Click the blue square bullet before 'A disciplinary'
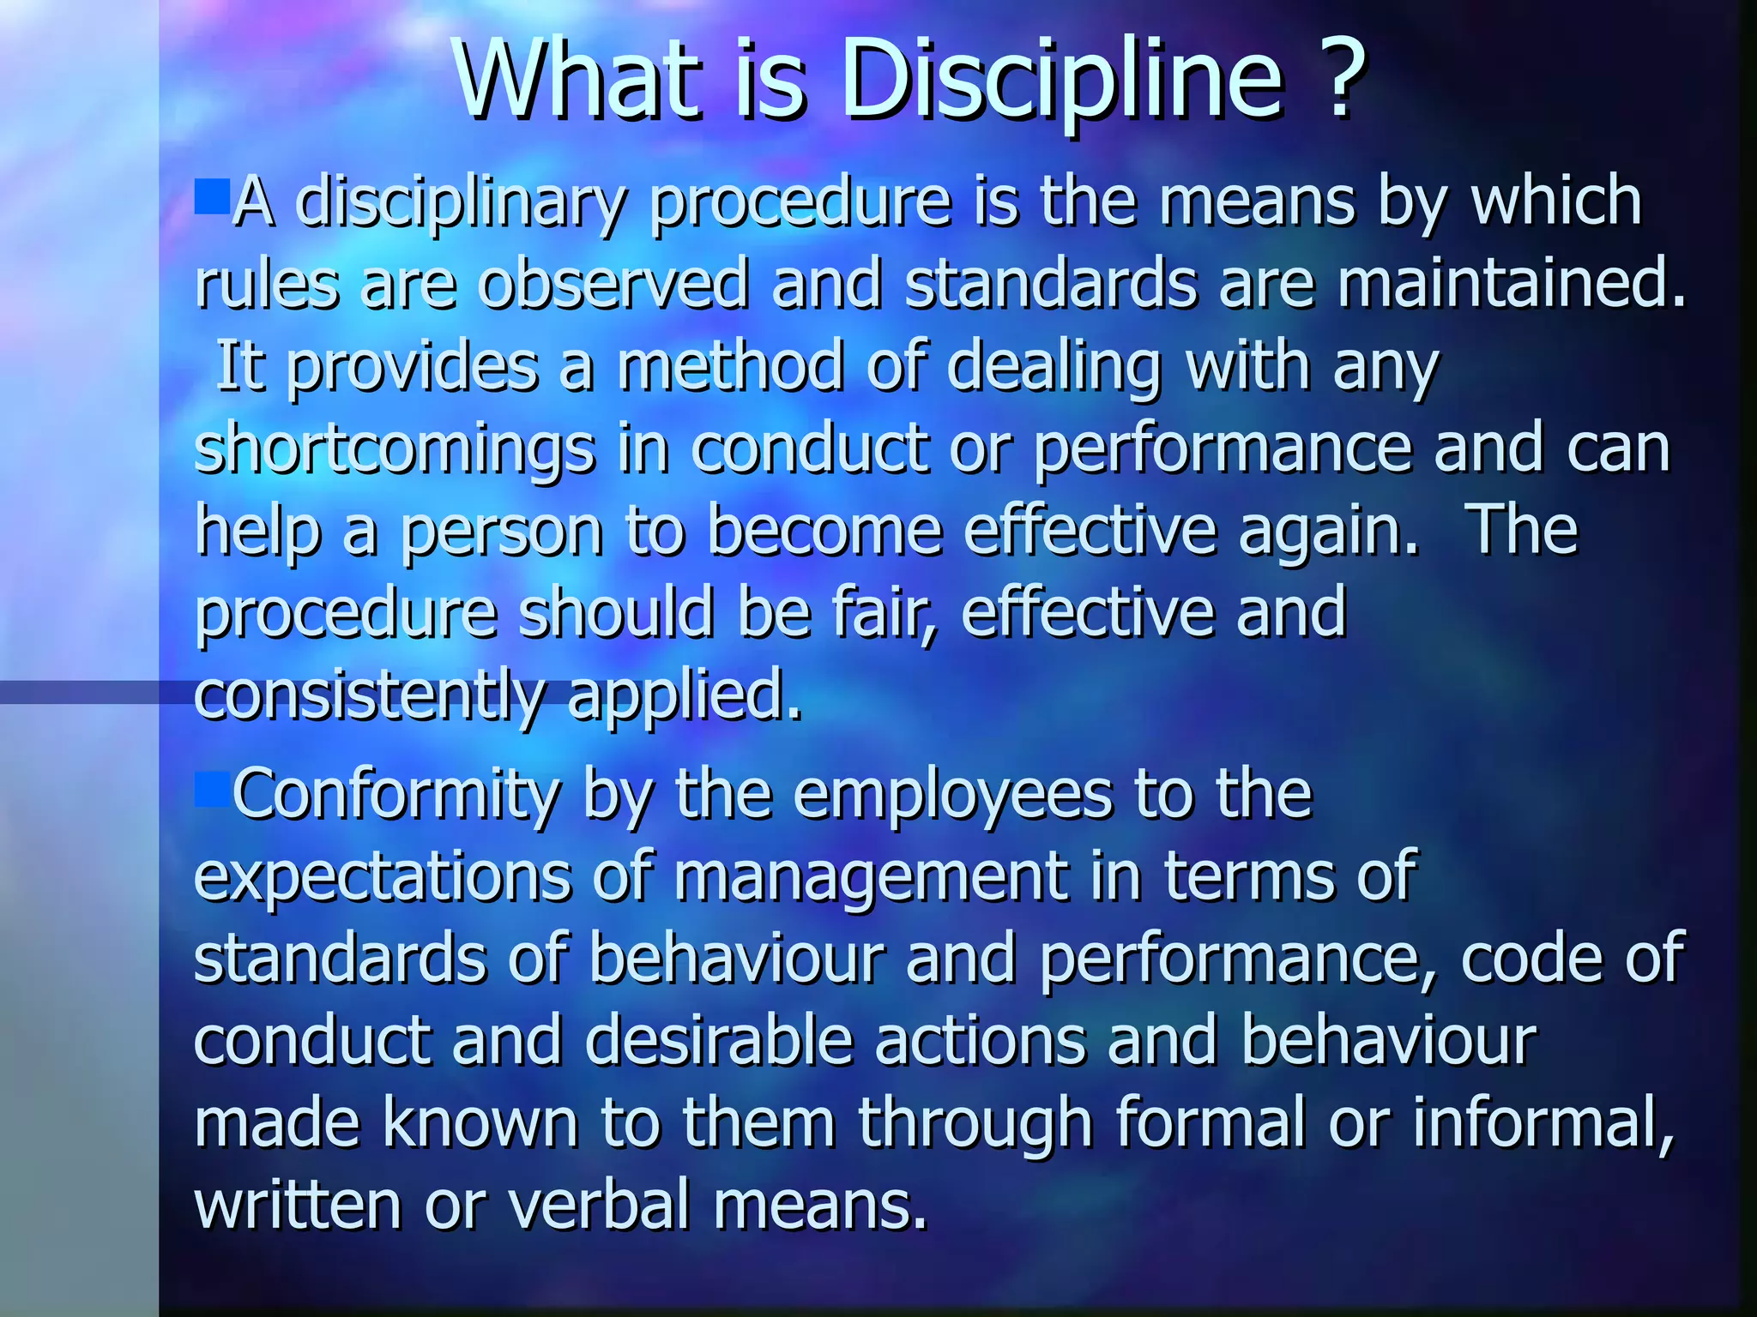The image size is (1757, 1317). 211,196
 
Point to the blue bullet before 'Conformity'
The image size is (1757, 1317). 211,790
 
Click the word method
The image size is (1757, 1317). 730,366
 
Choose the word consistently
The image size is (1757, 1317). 369,696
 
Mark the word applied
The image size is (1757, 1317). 684,696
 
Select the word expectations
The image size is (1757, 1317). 383,878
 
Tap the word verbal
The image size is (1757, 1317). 600,1205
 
